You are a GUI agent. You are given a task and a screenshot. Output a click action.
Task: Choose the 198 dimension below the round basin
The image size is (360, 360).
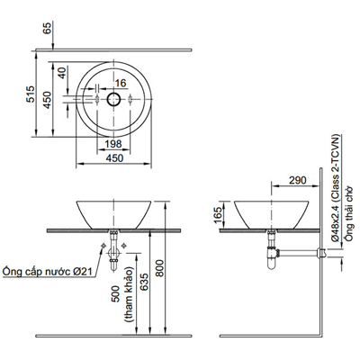[112, 145]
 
